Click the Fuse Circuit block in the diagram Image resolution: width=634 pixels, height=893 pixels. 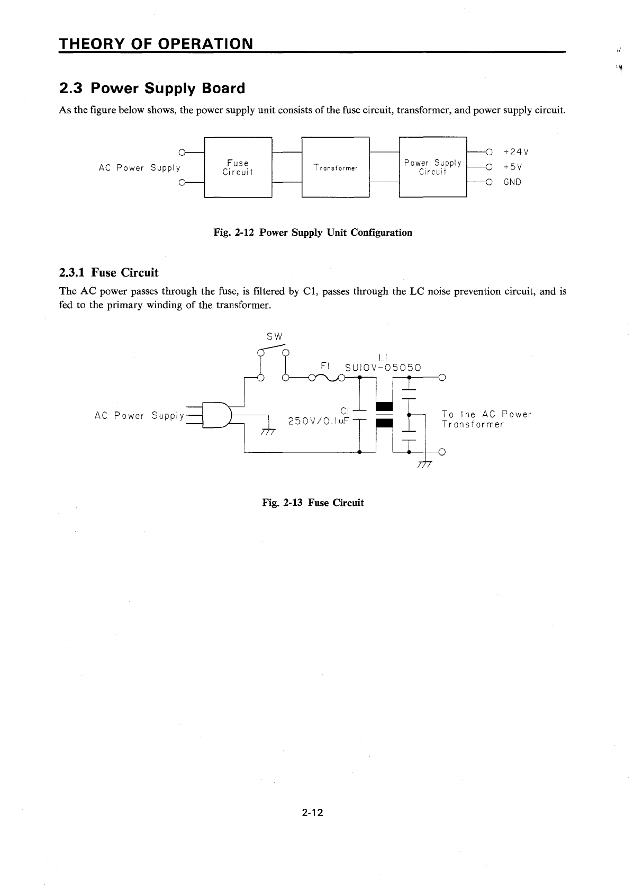coord(238,167)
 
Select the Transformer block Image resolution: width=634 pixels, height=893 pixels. coord(335,167)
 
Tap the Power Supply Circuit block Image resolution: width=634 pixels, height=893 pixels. coord(433,167)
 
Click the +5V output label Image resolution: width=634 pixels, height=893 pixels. coord(513,167)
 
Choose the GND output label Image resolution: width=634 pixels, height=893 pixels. coord(512,182)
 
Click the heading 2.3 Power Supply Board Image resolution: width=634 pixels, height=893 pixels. coord(152,88)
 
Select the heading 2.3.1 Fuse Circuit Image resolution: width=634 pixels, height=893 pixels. coord(108,273)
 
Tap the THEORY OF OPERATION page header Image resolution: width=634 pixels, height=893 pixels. coord(155,43)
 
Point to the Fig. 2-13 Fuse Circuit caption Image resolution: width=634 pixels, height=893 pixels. coord(313,503)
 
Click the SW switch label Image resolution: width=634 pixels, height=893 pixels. coord(275,337)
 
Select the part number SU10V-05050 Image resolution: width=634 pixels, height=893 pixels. coord(383,368)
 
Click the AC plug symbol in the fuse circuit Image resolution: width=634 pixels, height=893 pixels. coord(216,415)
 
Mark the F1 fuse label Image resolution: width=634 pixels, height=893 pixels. coord(325,365)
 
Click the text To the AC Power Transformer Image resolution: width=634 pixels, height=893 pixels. coord(486,419)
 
